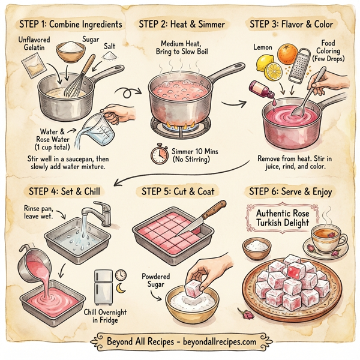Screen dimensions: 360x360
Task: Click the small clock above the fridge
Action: pyautogui.click(x=121, y=274)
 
